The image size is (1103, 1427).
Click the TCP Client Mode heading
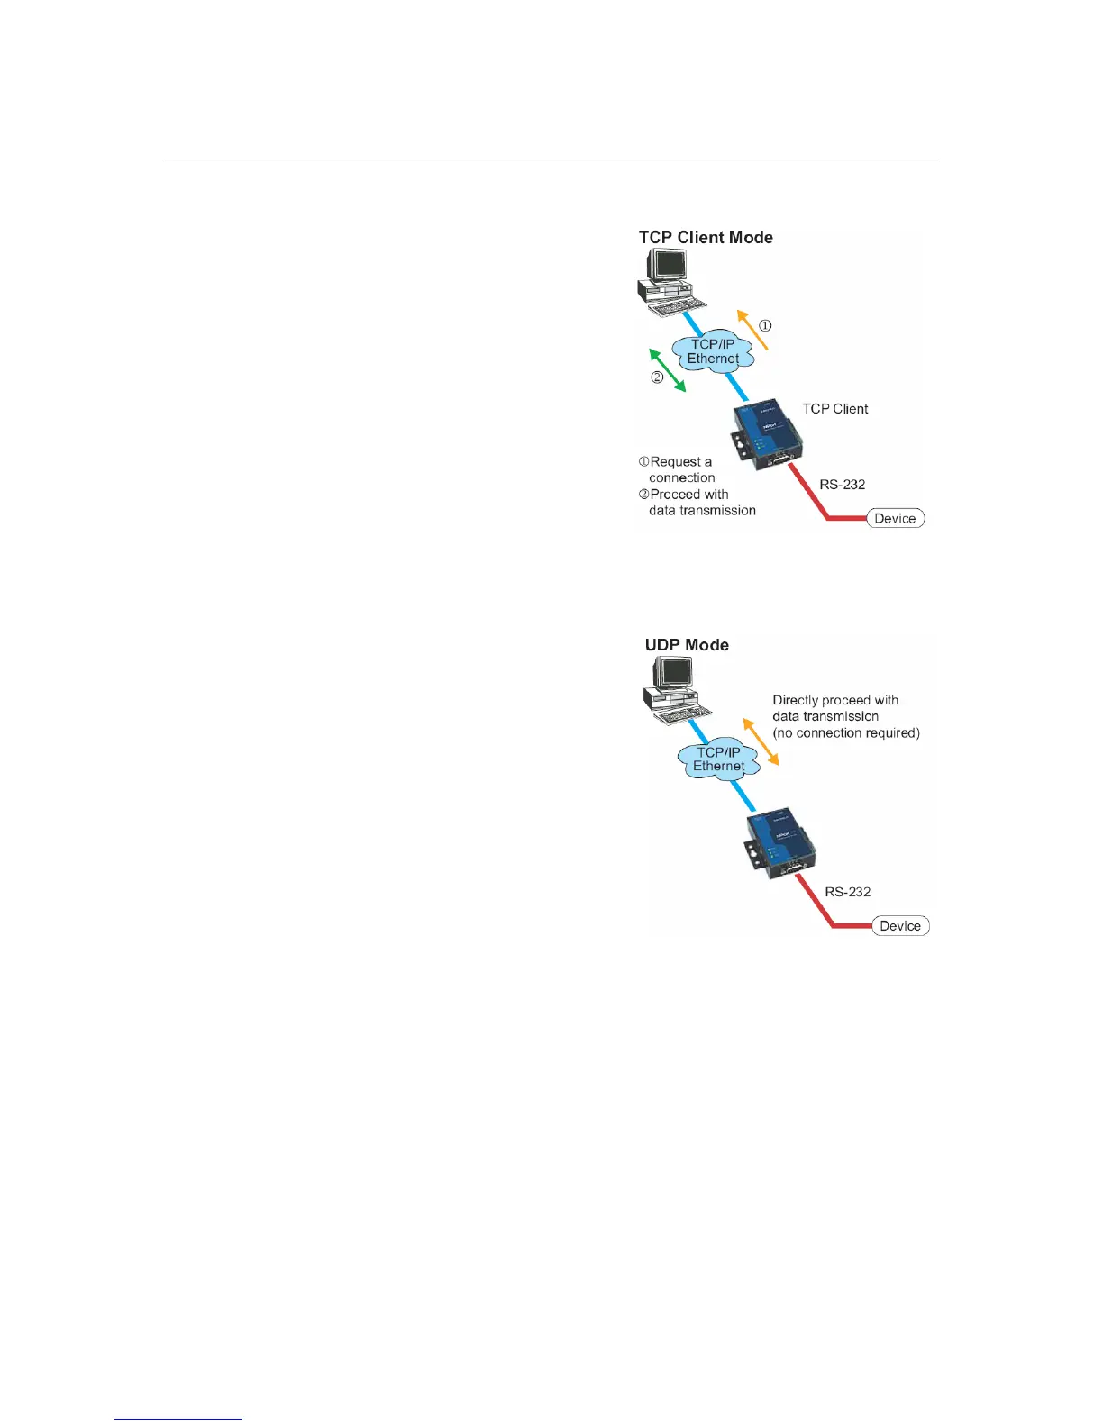(x=706, y=238)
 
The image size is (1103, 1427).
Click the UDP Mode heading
(x=687, y=645)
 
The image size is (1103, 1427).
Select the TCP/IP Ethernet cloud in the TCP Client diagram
(x=713, y=351)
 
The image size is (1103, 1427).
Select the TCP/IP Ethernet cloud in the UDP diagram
(x=718, y=759)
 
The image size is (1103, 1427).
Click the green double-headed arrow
(x=668, y=370)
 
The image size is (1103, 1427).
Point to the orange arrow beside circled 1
(x=752, y=329)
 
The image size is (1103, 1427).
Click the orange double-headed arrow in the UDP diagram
(x=761, y=741)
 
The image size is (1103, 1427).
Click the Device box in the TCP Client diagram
(x=895, y=518)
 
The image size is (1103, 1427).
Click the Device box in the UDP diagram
(x=900, y=926)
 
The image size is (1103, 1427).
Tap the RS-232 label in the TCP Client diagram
(x=842, y=485)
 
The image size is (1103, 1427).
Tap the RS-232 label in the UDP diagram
(x=847, y=892)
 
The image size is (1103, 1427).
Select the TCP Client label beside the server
(x=834, y=409)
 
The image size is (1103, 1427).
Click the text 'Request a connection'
(x=680, y=469)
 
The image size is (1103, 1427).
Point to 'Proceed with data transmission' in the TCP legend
(x=701, y=503)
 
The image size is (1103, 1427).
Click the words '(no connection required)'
(x=846, y=733)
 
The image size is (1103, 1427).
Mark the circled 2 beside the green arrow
(x=657, y=377)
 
